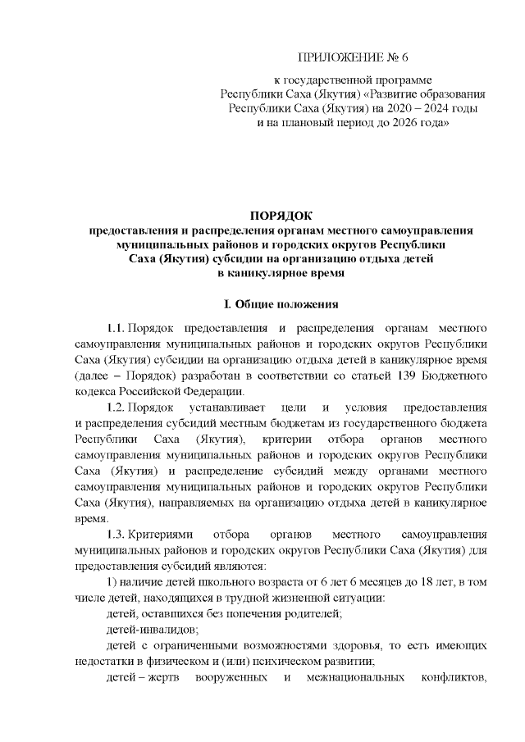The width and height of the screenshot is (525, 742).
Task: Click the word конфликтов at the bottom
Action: pyautogui.click(x=452, y=678)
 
